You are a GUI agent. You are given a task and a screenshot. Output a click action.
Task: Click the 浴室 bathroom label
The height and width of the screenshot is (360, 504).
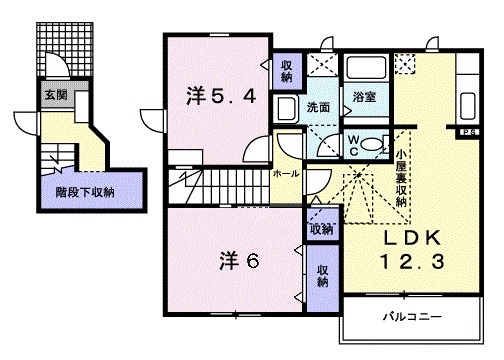[x=363, y=97]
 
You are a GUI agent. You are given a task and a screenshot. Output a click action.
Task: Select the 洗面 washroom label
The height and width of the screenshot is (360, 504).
[x=318, y=105]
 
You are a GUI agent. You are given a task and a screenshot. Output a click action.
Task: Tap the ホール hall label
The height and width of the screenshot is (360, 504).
[x=285, y=172]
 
